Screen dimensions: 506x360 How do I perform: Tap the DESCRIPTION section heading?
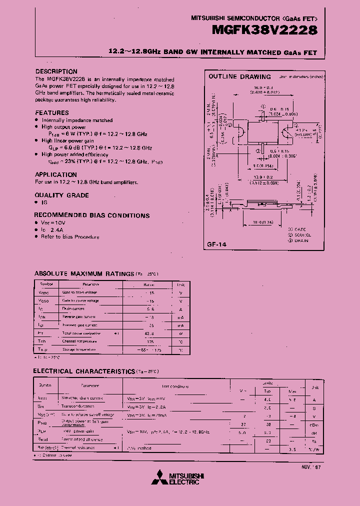tap(56, 71)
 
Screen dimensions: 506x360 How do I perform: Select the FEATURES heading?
tap(52, 112)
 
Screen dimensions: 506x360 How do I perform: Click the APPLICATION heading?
tap(56, 174)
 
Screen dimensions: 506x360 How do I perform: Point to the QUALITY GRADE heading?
tap(62, 195)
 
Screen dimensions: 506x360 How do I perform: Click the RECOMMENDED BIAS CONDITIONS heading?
tap(92, 215)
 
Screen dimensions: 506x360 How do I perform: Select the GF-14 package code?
tap(216, 244)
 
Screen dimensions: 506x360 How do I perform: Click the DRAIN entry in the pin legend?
tap(301, 240)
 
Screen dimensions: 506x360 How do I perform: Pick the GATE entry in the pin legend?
tap(299, 228)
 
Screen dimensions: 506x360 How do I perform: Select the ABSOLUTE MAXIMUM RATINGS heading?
tap(83, 273)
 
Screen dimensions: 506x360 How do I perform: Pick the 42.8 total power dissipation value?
tap(149, 333)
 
